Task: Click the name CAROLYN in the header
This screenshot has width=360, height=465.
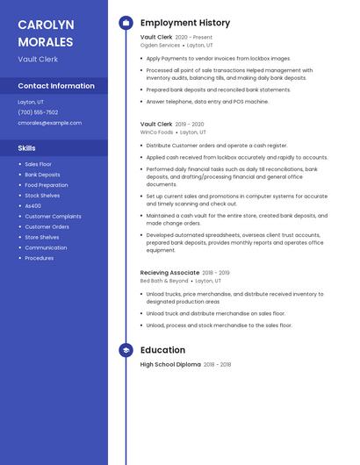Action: [46, 25]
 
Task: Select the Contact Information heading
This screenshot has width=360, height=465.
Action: [56, 86]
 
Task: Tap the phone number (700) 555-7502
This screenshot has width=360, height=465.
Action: [38, 112]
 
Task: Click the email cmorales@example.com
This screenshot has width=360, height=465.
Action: [49, 123]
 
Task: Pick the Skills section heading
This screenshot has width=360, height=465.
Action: [26, 148]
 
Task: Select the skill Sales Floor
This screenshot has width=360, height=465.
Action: [38, 164]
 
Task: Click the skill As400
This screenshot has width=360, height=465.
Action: [33, 206]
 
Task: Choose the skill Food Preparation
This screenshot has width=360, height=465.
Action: [46, 185]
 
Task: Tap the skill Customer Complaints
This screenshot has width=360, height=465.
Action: [53, 217]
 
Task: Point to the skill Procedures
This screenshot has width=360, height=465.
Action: [40, 258]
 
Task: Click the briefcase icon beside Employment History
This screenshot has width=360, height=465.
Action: [126, 23]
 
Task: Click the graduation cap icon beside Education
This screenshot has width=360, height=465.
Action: [126, 350]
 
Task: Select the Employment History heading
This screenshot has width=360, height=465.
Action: [185, 23]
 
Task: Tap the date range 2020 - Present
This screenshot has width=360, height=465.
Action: [194, 38]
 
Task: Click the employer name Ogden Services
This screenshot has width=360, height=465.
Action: [160, 46]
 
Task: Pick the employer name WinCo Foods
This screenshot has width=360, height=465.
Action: [157, 132]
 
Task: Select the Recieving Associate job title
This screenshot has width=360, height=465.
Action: [169, 273]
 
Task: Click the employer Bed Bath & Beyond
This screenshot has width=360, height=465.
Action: [164, 281]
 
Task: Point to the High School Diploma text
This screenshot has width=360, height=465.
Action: [170, 364]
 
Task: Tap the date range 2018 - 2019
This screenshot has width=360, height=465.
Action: [216, 273]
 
